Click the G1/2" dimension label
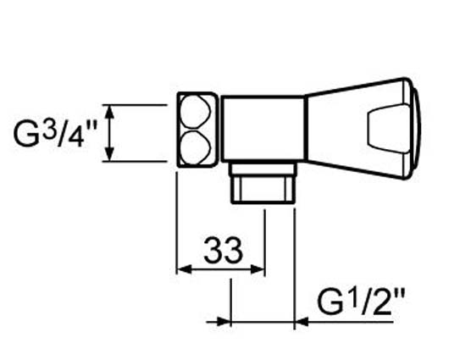[361, 302]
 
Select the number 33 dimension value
[224, 250]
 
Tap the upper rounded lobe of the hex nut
[195, 112]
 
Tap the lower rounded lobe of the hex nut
[195, 147]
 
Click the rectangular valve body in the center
[263, 129]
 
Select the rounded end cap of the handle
[413, 129]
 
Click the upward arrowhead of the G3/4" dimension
[109, 112]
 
